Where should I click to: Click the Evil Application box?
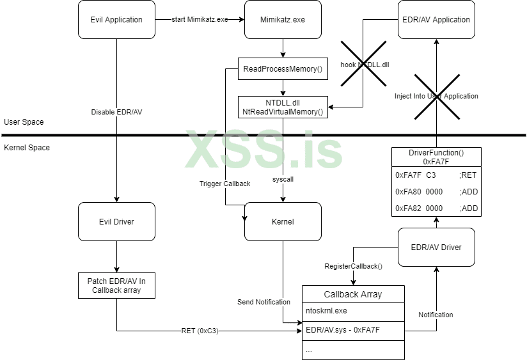pos(116,19)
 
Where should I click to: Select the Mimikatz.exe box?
pos(283,19)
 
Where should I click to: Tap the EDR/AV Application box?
pos(436,19)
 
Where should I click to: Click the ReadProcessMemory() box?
pos(283,69)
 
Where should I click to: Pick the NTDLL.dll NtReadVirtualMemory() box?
pos(283,107)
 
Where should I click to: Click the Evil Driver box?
pos(116,222)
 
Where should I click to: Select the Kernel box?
pos(283,222)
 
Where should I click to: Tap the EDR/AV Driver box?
pos(436,248)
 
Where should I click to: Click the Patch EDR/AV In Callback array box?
pos(116,285)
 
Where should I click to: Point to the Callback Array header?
pos(353,294)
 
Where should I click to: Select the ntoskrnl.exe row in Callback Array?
pos(353,311)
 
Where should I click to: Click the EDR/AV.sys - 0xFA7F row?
pos(353,331)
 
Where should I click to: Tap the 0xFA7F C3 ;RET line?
pos(436,175)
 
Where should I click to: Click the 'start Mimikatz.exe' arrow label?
pos(200,19)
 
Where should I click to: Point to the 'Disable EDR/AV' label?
pos(116,113)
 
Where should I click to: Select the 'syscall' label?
pos(283,180)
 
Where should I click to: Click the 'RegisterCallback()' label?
pos(353,266)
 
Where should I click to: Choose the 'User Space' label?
pos(24,122)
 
